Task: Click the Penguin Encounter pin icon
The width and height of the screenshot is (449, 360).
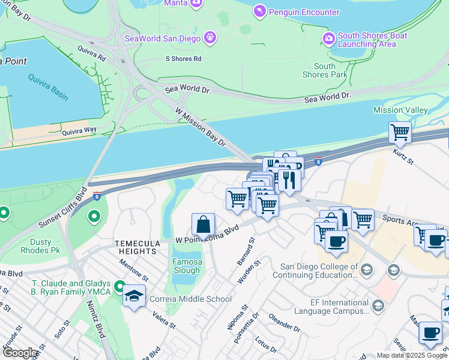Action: (259, 11)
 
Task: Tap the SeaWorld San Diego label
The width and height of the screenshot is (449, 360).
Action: (163, 38)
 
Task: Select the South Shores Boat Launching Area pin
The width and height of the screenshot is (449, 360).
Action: (328, 39)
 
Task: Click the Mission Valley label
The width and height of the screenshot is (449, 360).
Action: (400, 110)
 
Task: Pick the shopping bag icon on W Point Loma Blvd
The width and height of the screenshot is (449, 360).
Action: (203, 224)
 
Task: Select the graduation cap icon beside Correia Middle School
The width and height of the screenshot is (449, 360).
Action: (133, 295)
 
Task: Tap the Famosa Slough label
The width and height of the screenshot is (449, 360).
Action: (187, 266)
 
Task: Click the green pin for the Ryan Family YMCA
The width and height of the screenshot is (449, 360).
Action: (119, 287)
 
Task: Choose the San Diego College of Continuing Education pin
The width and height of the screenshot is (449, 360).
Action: (393, 270)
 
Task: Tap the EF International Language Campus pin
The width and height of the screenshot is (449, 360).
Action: (378, 306)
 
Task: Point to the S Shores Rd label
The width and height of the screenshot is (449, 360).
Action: (183, 59)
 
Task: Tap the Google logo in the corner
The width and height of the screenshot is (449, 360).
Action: (20, 353)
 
